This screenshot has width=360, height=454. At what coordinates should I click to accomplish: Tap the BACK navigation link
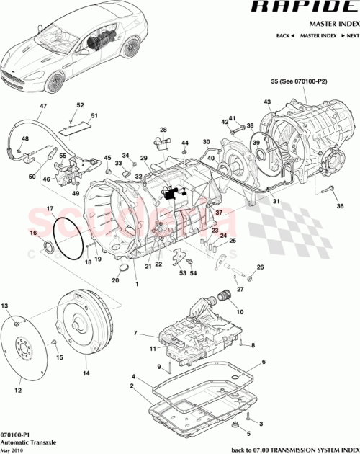point(286,35)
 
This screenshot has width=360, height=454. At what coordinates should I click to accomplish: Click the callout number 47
point(42,107)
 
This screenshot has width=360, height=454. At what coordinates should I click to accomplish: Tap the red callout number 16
point(32,233)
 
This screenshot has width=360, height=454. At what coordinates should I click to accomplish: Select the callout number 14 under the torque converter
point(86,373)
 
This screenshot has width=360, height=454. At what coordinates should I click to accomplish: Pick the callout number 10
point(239,312)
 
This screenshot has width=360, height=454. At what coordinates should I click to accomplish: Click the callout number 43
point(267,102)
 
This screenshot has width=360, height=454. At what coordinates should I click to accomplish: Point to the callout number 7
point(134,333)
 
